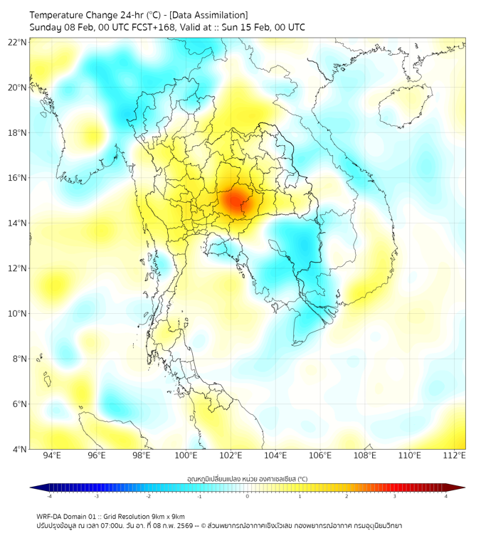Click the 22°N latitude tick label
18,42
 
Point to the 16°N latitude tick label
18,178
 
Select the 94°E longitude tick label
52,455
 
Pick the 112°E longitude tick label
455,455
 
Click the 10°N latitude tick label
18,314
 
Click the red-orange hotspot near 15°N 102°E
235,201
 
